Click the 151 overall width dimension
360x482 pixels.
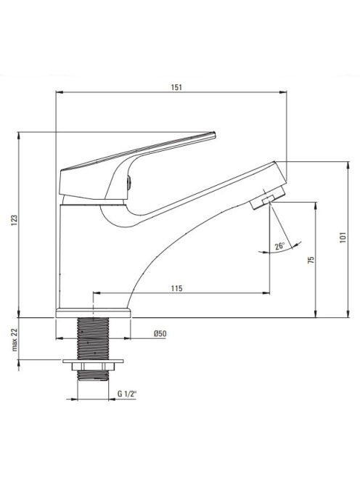coord(176,87)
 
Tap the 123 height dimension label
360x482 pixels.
coord(15,221)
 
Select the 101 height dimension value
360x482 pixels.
coord(343,237)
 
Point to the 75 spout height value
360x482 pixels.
coord(311,260)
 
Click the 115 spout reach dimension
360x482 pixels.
coord(177,288)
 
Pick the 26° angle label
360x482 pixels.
coord(279,246)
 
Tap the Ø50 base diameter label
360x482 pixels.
coord(160,333)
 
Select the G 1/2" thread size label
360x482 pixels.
coord(127,393)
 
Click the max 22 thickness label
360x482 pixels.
coord(15,340)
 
